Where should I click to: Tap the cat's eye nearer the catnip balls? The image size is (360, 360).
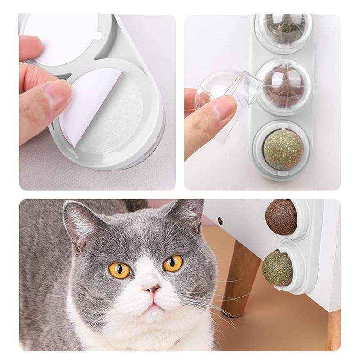click(x=173, y=263)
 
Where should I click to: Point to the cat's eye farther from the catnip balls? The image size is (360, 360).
click(x=119, y=270)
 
